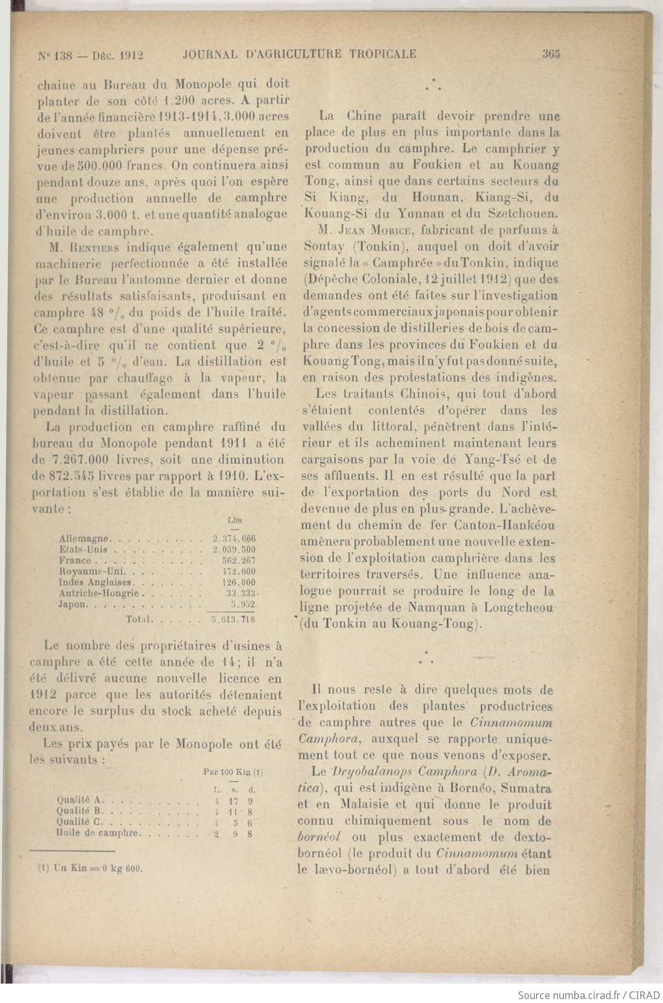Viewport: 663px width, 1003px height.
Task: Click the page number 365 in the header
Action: coord(551,54)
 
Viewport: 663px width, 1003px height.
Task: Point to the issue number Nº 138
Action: coord(54,56)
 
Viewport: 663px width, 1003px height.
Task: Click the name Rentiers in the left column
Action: coord(95,247)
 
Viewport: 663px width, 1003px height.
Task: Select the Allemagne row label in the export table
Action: coord(84,538)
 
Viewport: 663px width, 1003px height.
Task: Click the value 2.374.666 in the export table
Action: coord(234,538)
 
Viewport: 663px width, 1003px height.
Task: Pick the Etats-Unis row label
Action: coord(83,549)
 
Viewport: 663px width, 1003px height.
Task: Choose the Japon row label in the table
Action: coord(72,604)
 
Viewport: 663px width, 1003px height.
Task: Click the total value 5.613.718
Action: coord(233,619)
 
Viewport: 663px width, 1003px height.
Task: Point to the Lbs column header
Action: coord(234,520)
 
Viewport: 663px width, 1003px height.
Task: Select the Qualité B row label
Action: coord(80,811)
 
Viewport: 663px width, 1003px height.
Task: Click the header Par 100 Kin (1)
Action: coord(232,772)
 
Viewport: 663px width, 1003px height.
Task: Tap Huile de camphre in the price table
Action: coord(97,833)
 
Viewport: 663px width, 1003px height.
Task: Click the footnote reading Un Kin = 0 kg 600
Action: coord(90,868)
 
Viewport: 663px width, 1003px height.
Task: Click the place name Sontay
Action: coord(324,247)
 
